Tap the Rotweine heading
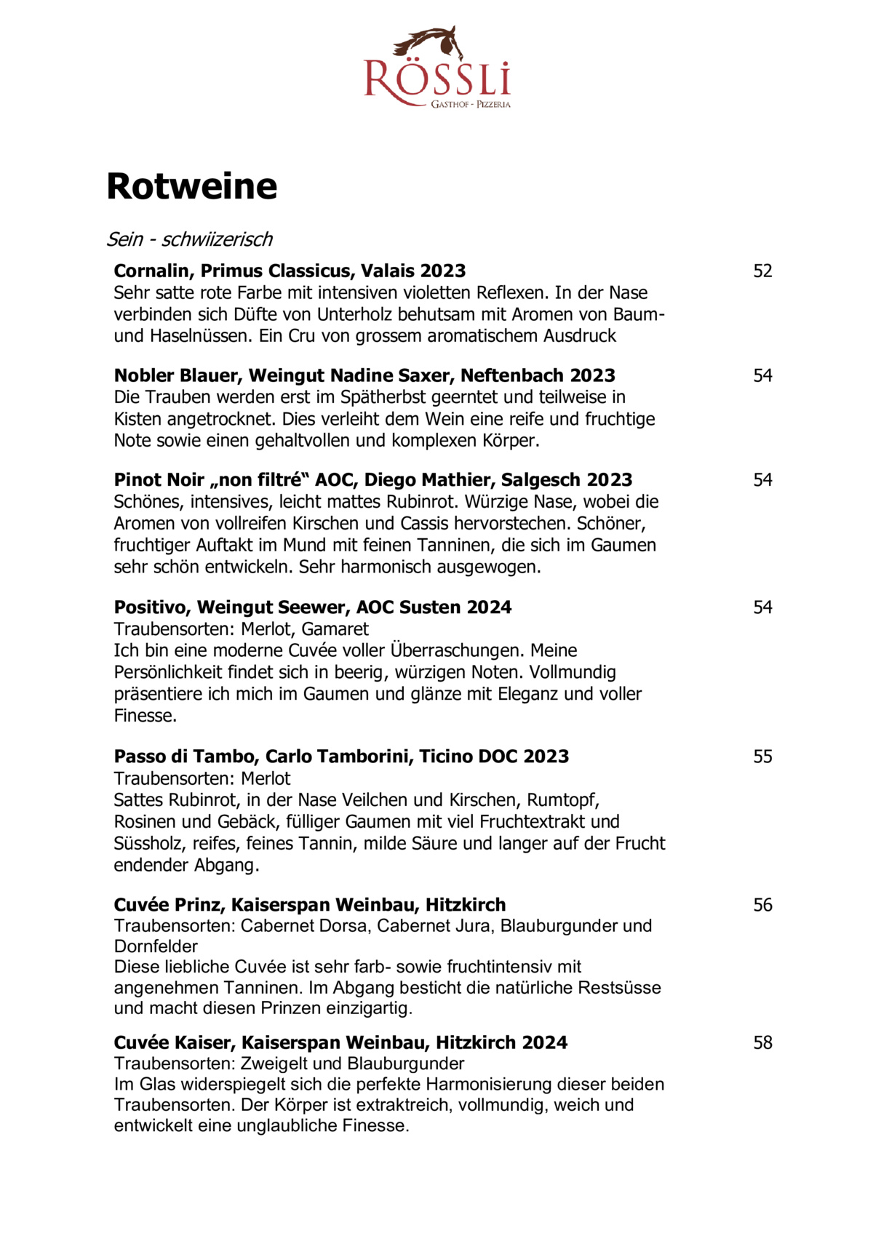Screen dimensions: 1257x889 click(192, 186)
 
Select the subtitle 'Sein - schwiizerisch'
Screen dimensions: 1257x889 click(189, 239)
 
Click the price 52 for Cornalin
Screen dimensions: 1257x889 click(762, 271)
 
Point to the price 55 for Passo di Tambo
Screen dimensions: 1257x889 click(762, 757)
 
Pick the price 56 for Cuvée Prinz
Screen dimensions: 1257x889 click(762, 905)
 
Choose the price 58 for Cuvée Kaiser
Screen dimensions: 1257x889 click(762, 1042)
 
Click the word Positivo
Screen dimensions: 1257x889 click(151, 607)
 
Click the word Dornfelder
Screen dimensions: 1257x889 click(156, 946)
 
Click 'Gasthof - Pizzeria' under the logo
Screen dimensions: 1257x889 click(471, 105)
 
